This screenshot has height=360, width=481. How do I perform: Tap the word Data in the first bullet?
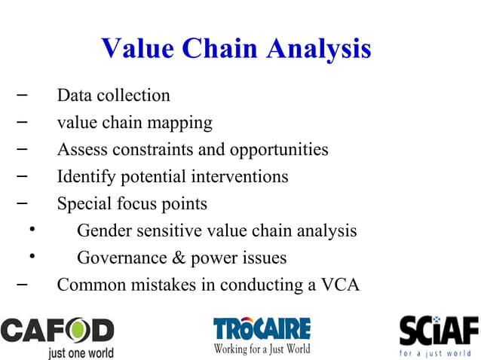pyautogui.click(x=73, y=96)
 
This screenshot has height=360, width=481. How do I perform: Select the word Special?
pyautogui.click(x=84, y=203)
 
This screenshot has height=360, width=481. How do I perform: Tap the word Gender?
pyautogui.click(x=103, y=231)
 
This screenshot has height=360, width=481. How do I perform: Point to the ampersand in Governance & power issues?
pyautogui.click(x=179, y=258)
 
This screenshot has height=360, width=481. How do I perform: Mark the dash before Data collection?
pyautogui.click(x=22, y=95)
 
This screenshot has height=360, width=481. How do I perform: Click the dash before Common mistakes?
pyautogui.click(x=22, y=285)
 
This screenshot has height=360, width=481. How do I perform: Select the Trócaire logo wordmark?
pyautogui.click(x=262, y=328)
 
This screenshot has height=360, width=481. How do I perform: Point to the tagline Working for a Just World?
pyautogui.click(x=262, y=349)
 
